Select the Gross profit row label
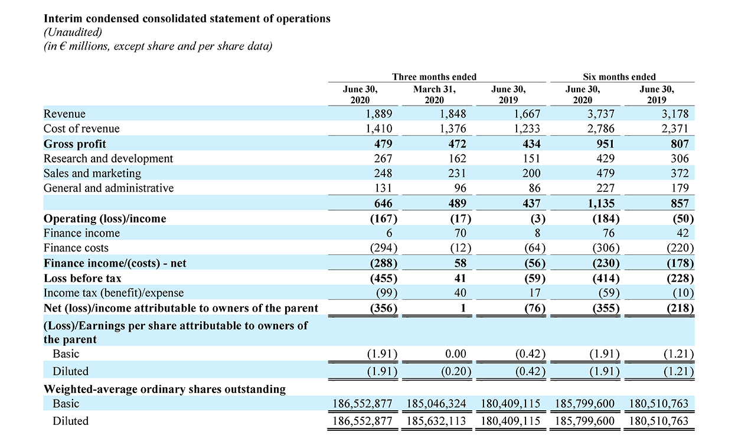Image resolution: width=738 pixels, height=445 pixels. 75,144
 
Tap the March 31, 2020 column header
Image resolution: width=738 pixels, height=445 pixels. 435,95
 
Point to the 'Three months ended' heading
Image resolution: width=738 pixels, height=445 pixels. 435,77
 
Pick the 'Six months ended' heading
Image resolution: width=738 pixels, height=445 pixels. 619,77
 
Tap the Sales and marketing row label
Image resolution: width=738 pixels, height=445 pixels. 92,174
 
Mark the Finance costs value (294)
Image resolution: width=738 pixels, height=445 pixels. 381,248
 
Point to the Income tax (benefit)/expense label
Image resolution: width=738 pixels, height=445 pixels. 113,293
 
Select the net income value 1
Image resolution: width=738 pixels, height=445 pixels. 463,308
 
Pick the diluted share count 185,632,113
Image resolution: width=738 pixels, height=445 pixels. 436,421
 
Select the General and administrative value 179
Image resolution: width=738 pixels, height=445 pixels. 680,188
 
